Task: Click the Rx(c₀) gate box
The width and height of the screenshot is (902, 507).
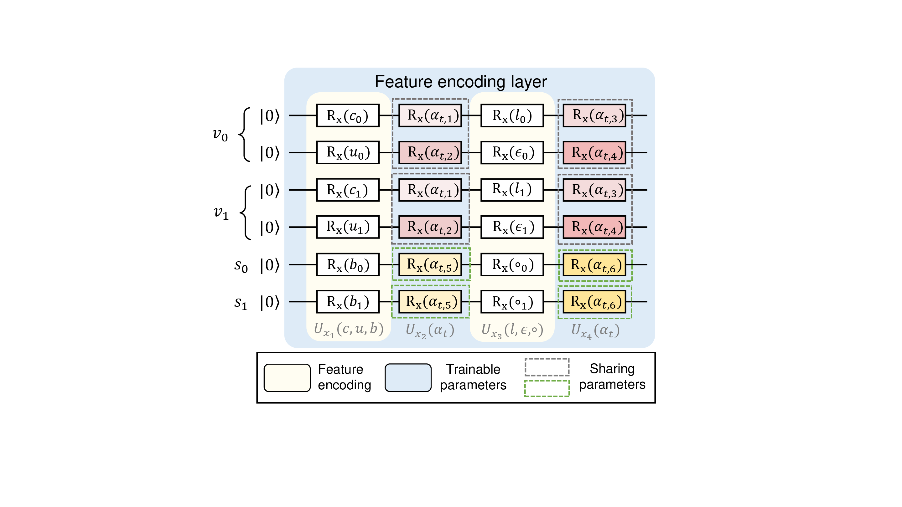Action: pyautogui.click(x=348, y=115)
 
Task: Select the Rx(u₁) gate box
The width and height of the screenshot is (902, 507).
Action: pyautogui.click(x=348, y=227)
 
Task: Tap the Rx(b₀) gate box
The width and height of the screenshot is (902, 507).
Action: pyautogui.click(x=348, y=264)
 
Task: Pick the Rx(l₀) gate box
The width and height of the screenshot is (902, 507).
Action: pyautogui.click(x=512, y=115)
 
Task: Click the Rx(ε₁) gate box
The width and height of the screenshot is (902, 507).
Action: pyautogui.click(x=512, y=227)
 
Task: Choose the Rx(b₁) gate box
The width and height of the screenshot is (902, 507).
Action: pyautogui.click(x=348, y=302)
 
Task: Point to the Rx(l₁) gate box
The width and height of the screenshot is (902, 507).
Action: pyautogui.click(x=512, y=190)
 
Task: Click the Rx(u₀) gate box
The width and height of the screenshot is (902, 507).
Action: pyautogui.click(x=348, y=152)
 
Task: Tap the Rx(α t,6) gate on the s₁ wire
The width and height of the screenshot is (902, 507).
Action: pyautogui.click(x=594, y=302)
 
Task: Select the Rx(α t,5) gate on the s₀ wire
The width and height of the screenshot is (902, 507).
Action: pyautogui.click(x=430, y=264)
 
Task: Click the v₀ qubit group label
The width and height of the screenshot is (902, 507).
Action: pyautogui.click(x=220, y=134)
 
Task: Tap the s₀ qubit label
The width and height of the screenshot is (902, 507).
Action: pyautogui.click(x=241, y=266)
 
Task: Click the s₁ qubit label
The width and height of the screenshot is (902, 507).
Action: pyautogui.click(x=241, y=303)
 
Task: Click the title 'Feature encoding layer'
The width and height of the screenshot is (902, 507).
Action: pyautogui.click(x=460, y=82)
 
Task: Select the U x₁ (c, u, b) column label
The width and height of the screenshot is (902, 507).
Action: pyautogui.click(x=348, y=330)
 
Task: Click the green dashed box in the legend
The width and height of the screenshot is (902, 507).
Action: pyautogui.click(x=547, y=388)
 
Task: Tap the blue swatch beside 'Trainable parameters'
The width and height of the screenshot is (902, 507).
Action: pyautogui.click(x=408, y=378)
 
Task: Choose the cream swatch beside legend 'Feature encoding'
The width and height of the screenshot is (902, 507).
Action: pyautogui.click(x=287, y=378)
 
